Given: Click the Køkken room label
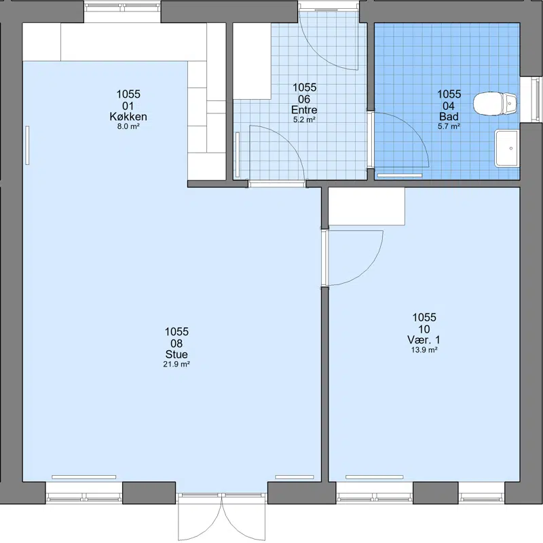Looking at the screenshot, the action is coord(128,117).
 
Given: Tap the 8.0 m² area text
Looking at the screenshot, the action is coord(128,126).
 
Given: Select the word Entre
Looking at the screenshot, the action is coord(304,110).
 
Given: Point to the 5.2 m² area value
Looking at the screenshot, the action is coord(304,120).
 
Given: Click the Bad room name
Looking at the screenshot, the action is coord(449,116).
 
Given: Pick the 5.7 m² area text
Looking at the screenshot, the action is coord(449,126).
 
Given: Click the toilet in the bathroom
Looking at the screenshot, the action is coord(495,104).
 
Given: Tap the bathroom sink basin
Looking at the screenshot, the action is coord(507,148).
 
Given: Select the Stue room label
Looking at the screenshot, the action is coord(176,354).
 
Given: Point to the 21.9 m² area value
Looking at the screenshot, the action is coord(176,364).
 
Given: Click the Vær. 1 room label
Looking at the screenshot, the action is coord(424,340).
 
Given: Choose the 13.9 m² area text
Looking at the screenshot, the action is coord(424,350).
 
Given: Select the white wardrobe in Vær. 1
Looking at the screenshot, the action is coord(367,206).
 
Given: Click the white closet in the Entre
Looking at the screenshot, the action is coord(252,61).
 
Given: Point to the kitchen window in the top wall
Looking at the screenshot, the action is coord(123,12).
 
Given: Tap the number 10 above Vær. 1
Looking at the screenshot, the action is coord(424,329).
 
